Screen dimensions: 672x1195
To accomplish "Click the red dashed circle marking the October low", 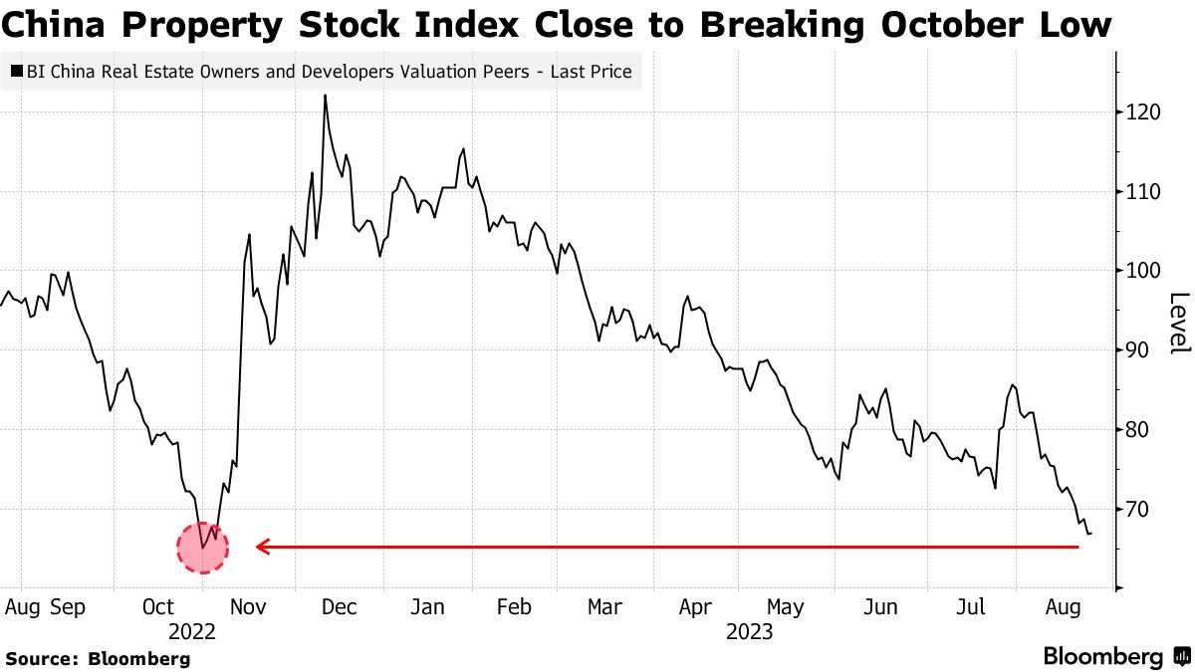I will point(202,547).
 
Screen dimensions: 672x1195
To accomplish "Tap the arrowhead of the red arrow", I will point(262,547).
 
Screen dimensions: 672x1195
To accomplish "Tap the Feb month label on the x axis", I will point(513,606).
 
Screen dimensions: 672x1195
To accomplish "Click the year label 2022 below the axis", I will point(192,631).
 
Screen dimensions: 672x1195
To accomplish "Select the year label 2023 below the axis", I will point(750,631).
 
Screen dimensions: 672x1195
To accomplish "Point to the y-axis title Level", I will point(1179,324).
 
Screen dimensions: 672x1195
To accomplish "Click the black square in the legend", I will point(18,72).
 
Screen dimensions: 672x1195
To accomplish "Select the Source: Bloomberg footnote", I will point(98,658).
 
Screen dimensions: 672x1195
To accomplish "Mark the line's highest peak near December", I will point(325,96).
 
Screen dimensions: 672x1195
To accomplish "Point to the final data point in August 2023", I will point(1090,534).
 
